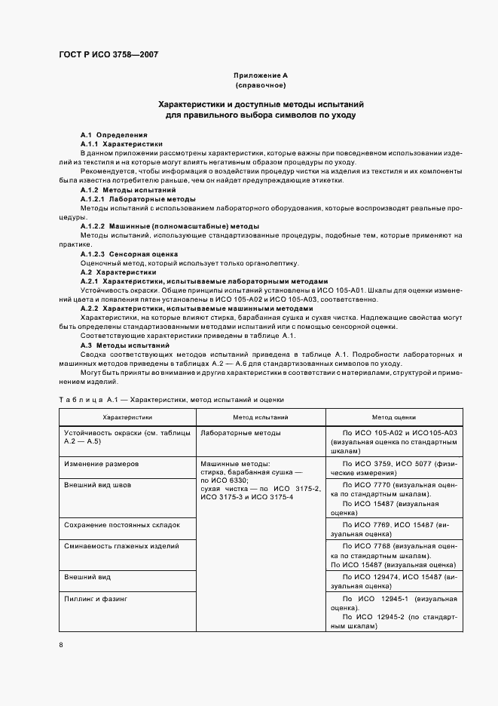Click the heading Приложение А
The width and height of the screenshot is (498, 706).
click(x=260, y=76)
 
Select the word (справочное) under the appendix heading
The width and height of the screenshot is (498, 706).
click(x=260, y=86)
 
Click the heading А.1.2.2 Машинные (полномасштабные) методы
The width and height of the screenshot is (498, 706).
click(x=170, y=226)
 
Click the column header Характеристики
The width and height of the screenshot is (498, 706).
click(x=127, y=416)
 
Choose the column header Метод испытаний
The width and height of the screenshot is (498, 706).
click(x=260, y=416)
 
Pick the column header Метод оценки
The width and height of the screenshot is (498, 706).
click(x=393, y=416)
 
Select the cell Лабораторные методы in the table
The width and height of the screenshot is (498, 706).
click(x=240, y=433)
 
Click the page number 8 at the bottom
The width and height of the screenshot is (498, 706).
click(x=61, y=644)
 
